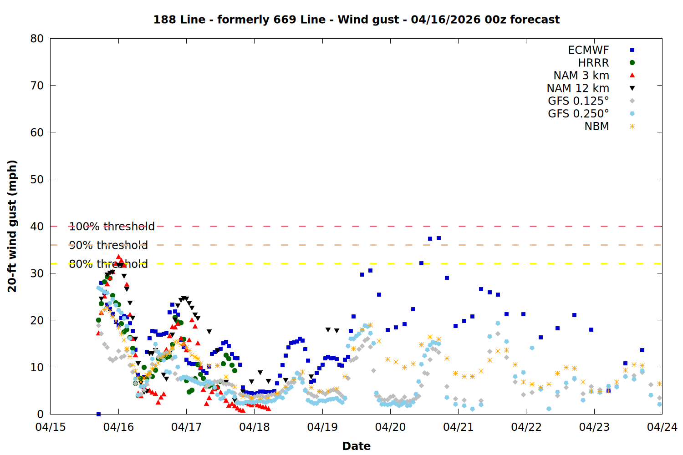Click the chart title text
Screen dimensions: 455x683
coord(356,20)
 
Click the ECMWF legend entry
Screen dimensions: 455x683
coord(588,50)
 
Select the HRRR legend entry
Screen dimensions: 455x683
coord(593,63)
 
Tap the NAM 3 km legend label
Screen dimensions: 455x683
coord(581,76)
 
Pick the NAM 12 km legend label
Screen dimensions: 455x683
coord(578,88)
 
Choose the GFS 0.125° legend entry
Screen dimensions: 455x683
coord(578,101)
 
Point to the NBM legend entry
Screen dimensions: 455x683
coord(596,126)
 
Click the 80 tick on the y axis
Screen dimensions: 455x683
coord(37,39)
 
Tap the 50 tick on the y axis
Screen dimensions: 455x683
coord(37,179)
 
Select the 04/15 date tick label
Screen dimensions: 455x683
coord(51,427)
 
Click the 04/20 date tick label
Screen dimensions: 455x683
coord(390,427)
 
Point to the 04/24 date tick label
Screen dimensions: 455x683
coord(662,427)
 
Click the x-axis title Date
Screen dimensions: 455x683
coord(356,446)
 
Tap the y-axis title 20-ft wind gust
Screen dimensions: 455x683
coord(12,226)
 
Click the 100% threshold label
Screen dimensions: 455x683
coord(112,227)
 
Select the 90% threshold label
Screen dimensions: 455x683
coord(108,245)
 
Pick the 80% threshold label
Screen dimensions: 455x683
coord(108,264)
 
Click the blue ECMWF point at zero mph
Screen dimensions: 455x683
coord(98,414)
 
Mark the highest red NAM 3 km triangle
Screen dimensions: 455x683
coord(118,258)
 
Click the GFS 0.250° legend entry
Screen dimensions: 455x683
coord(578,114)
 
